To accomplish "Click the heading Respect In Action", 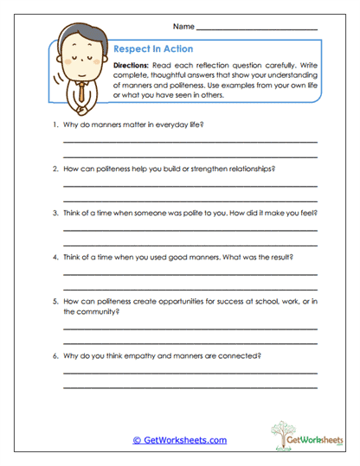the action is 154,49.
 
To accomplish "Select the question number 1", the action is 55,124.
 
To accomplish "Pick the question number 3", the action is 55,212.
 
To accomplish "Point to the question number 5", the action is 55,301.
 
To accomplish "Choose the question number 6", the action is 55,355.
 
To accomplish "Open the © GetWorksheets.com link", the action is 180,440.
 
